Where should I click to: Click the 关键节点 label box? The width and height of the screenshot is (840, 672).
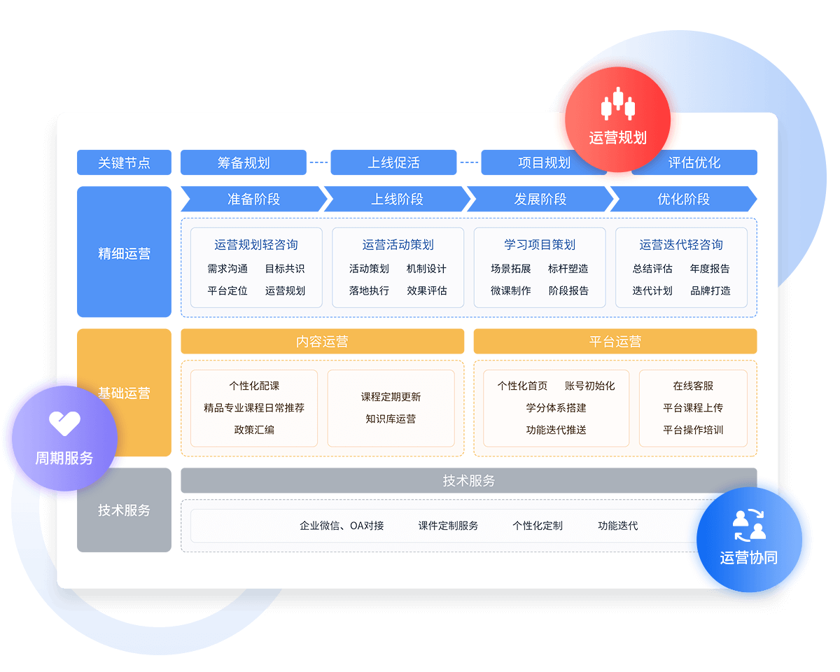(124, 162)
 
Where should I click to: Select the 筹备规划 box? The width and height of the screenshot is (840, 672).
(243, 162)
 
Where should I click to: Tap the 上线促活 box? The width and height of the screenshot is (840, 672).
(393, 162)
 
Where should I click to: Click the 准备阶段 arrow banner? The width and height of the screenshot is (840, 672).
(253, 199)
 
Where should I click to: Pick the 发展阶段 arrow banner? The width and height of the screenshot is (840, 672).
(540, 199)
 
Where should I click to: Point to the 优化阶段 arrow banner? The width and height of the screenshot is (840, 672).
(683, 199)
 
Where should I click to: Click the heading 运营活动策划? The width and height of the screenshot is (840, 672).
(398, 244)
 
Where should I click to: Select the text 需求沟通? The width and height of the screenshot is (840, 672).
(227, 268)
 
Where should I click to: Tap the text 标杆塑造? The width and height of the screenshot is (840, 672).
(568, 268)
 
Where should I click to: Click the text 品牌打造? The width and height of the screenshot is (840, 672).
(710, 290)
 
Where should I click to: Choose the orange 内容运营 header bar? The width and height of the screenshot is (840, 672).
(322, 342)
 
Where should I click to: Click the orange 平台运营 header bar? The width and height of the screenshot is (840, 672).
(615, 342)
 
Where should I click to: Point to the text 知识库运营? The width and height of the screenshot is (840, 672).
(391, 419)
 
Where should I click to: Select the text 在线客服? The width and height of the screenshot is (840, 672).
(693, 386)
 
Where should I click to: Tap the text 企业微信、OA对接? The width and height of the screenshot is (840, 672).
(342, 525)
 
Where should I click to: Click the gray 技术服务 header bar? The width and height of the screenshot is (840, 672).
(468, 481)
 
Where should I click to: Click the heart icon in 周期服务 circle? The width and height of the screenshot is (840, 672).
(64, 423)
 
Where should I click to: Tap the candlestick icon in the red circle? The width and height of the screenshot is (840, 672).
(617, 105)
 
